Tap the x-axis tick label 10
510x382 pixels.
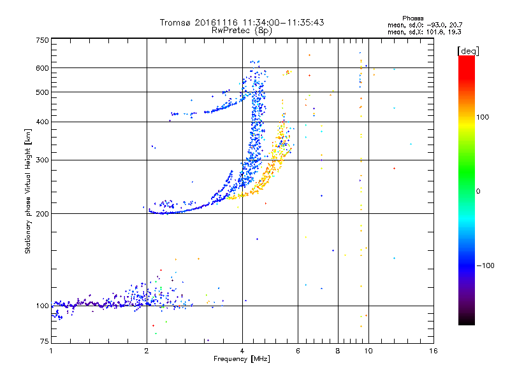click(368, 351)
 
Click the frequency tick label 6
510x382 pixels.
click(298, 351)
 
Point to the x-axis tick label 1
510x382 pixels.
click(51, 351)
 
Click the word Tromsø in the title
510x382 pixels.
click(175, 22)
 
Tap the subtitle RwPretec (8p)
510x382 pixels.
click(242, 30)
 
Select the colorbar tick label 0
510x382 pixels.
click(479, 191)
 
